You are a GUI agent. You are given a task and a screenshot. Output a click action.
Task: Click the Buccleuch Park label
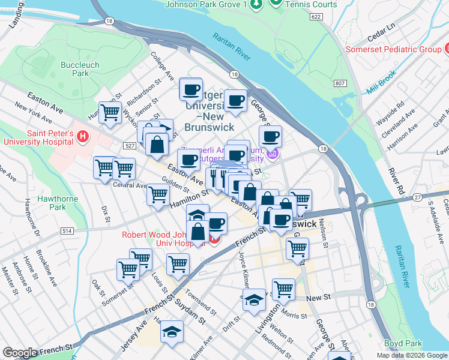click(75, 69)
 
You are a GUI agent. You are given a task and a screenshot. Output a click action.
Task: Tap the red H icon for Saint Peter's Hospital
click(83, 137)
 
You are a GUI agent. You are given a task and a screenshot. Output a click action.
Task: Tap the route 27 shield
click(417, 197)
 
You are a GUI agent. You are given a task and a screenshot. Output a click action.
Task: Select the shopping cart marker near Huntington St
click(110, 112)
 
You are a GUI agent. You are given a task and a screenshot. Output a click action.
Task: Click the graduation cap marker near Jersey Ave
click(172, 332)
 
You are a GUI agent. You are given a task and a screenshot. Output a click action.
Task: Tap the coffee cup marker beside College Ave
click(191, 89)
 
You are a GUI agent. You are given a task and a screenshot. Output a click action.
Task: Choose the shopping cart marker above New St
click(283, 289)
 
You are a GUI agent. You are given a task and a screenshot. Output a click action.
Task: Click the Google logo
click(20, 353)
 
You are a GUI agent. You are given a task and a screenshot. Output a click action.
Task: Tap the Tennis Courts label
click(312, 4)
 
